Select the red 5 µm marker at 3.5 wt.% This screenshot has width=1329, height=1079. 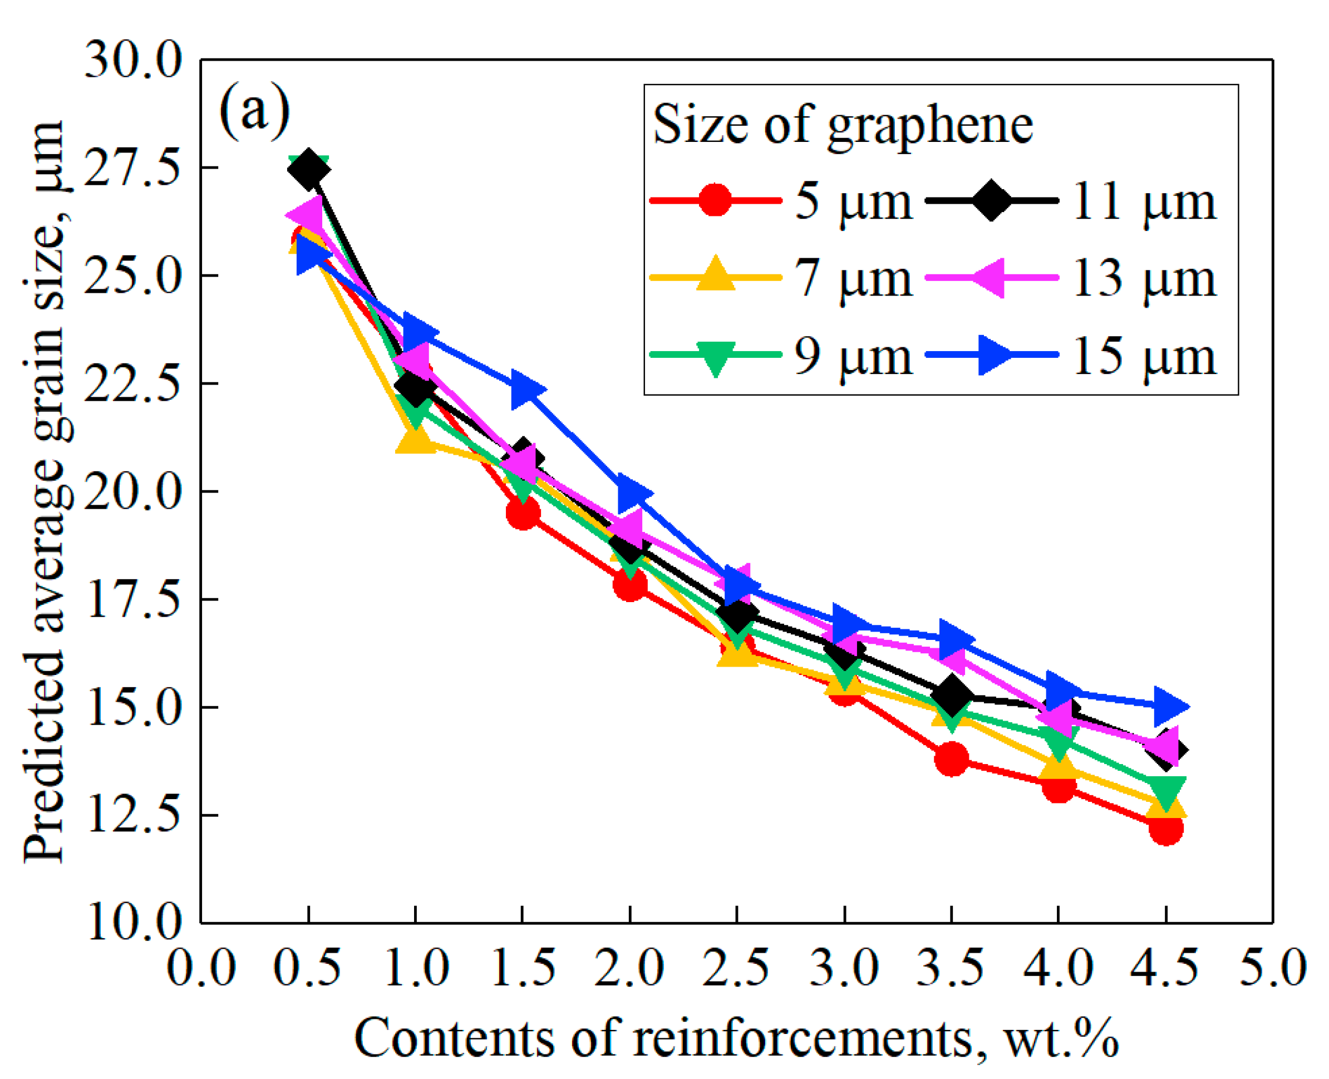(x=951, y=758)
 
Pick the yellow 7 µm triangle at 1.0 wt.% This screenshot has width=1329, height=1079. (x=415, y=440)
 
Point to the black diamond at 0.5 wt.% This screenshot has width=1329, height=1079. (x=308, y=169)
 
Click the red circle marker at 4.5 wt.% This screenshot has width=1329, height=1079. (x=1165, y=829)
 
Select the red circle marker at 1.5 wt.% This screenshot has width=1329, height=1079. (x=522, y=513)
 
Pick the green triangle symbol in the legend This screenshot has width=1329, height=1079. (x=715, y=357)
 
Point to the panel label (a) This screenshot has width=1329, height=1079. (x=254, y=111)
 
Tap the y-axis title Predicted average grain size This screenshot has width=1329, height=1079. (x=45, y=491)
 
